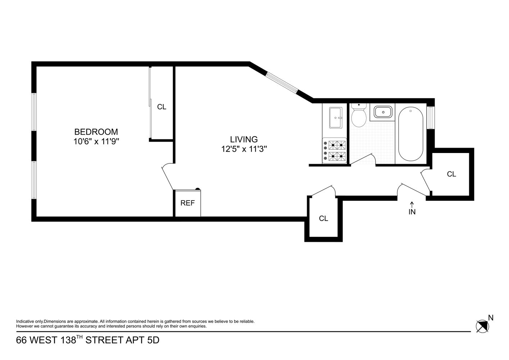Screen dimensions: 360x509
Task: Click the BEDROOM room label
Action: point(96,132)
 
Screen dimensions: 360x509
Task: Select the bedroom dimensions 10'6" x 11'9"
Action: point(96,141)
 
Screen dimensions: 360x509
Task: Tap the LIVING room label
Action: point(244,139)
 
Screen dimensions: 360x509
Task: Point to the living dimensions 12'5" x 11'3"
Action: point(244,149)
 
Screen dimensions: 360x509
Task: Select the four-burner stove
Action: point(335,151)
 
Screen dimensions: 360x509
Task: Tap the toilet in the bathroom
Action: point(358,116)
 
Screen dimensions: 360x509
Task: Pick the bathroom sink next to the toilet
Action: point(383,112)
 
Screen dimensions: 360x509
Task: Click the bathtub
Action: point(411,134)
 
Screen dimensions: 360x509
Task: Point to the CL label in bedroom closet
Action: point(162,107)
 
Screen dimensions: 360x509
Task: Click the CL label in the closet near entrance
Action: point(451,174)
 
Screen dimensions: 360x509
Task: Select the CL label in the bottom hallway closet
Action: point(323,219)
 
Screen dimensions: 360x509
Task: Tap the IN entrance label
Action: point(412,212)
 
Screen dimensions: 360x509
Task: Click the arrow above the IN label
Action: point(412,204)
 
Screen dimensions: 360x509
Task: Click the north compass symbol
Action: point(482,326)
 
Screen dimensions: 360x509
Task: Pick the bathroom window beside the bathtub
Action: point(431,118)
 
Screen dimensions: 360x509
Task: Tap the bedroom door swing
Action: point(167,177)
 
